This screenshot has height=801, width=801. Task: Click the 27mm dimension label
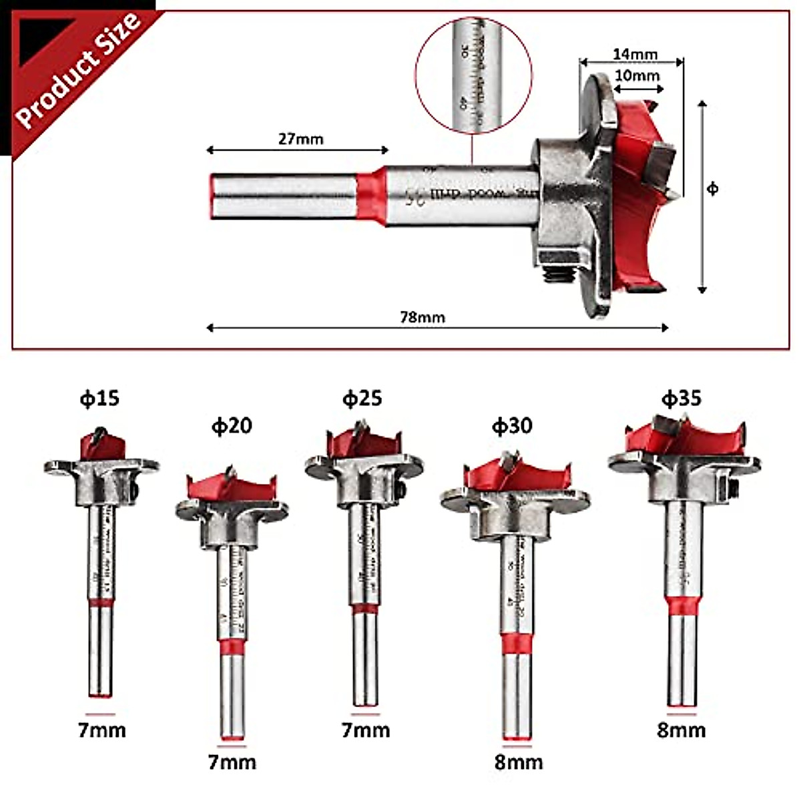click(300, 139)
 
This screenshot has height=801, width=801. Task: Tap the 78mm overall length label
click(422, 317)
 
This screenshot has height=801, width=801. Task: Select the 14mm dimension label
click(635, 54)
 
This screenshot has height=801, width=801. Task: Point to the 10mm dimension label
click(636, 75)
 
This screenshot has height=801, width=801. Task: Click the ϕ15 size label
click(99, 398)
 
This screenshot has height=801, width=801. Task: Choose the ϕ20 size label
click(232, 426)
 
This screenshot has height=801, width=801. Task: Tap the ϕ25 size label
click(362, 398)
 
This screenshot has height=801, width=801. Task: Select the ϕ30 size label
click(512, 426)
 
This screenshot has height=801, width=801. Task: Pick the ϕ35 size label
click(681, 398)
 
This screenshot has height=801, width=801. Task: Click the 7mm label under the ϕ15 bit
click(101, 730)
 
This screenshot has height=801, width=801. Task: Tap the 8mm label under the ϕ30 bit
click(519, 762)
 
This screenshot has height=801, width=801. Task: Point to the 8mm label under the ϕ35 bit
click(681, 730)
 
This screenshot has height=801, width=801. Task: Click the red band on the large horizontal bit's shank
click(370, 196)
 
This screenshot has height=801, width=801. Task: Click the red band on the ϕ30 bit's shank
click(517, 643)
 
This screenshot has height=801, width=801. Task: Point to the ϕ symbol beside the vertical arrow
click(713, 190)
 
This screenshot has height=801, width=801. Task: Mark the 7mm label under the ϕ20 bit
click(232, 762)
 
